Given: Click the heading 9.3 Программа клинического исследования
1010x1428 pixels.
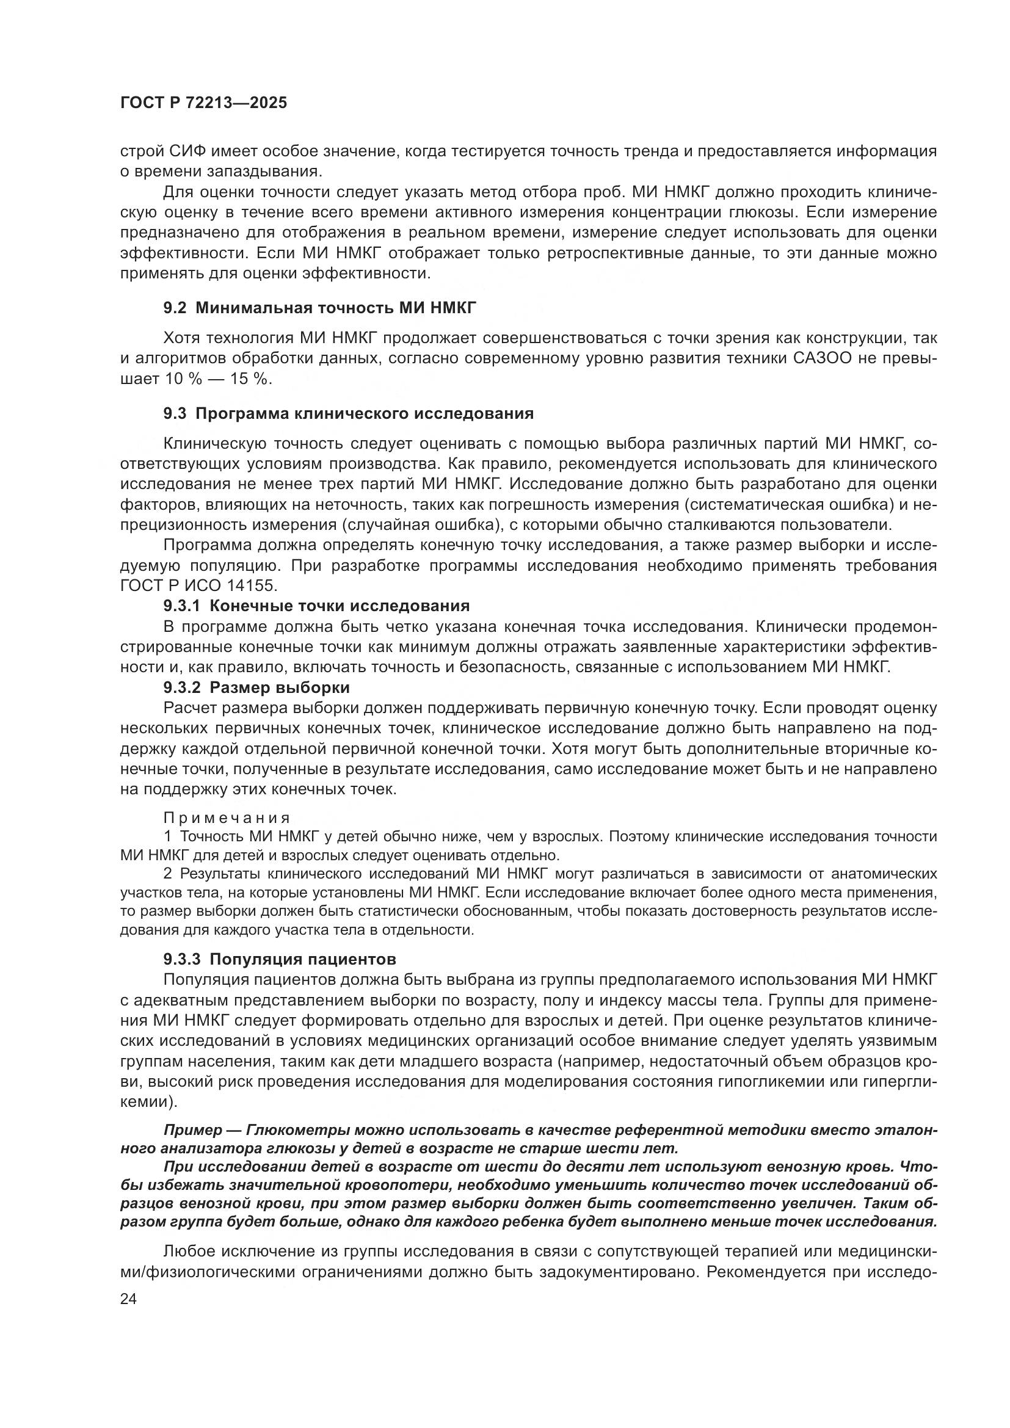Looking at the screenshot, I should pos(348,413).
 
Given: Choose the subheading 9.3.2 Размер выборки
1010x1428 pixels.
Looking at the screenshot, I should pos(256,688).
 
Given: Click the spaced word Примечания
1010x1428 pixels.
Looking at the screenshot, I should pos(227,818).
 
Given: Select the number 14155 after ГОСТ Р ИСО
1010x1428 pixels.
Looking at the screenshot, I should pos(251,586).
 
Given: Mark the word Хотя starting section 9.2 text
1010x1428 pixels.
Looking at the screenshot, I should pos(182,338).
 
